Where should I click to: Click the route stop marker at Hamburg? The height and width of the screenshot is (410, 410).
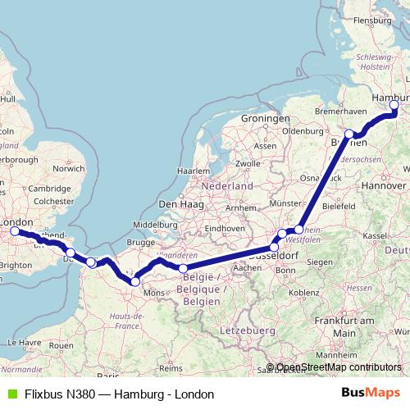394,105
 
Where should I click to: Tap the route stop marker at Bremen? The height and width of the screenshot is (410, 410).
349,134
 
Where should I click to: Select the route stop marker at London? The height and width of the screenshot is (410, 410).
14,231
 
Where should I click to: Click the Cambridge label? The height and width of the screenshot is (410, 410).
48,188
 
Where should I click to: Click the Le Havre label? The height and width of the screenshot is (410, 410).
19,342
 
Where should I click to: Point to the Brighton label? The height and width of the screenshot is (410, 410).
16,265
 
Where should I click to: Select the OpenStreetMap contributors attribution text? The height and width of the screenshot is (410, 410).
339,367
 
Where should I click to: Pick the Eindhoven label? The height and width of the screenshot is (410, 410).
226,228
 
